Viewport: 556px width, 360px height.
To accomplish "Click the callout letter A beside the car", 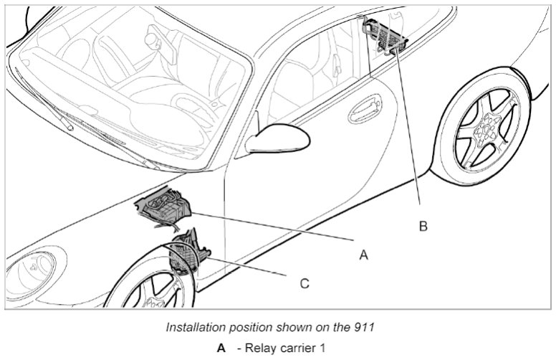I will click(x=363, y=254).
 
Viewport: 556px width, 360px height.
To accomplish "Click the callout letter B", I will click(x=423, y=226).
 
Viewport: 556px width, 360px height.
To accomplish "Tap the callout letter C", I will click(x=304, y=283).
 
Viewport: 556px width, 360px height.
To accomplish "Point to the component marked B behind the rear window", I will click(x=384, y=37).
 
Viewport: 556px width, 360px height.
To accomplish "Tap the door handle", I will click(x=365, y=108).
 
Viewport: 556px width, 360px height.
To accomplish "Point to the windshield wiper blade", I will click(x=43, y=100).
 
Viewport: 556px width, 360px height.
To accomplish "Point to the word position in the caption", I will click(x=242, y=327).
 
